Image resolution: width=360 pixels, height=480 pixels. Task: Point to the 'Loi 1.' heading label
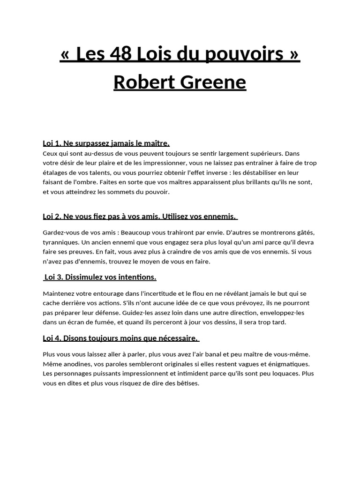point(52,143)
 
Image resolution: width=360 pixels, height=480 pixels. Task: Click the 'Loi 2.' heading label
point(52,216)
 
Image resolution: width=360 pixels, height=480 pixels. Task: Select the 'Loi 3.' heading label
point(54,277)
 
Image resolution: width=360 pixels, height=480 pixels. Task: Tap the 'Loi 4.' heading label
point(52,338)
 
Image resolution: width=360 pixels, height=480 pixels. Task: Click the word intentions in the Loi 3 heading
point(135,277)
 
